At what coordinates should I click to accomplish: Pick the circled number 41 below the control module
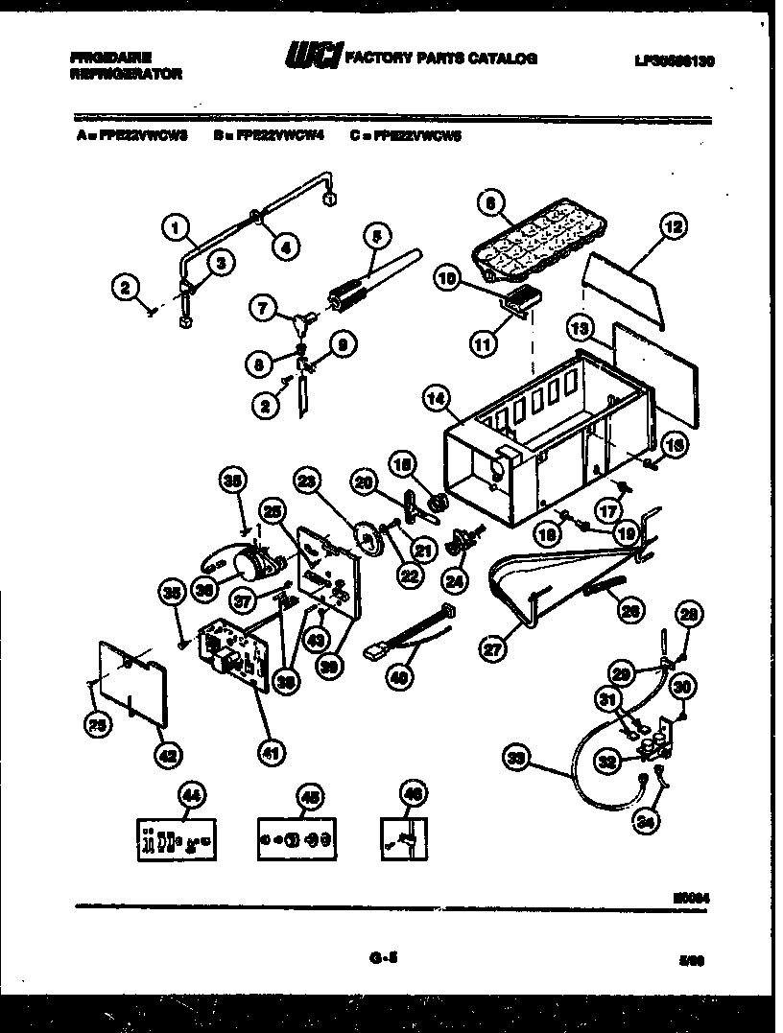(272, 753)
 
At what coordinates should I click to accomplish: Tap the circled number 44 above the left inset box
(192, 795)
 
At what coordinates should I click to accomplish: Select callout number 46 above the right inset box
(414, 795)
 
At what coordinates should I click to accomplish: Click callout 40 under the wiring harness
(395, 676)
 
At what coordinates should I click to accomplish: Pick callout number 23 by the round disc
(306, 481)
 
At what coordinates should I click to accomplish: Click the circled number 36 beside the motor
(202, 591)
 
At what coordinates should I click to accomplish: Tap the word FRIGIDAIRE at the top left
(109, 58)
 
